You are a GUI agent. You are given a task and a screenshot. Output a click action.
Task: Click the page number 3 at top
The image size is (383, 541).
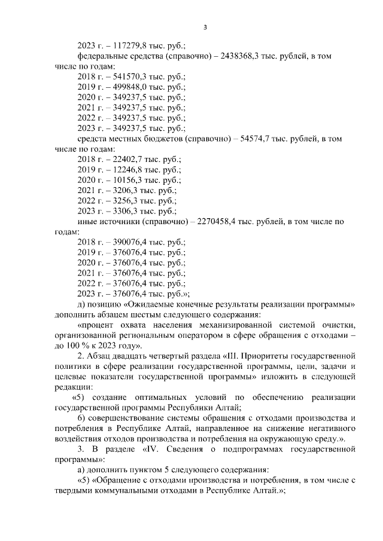click(205, 27)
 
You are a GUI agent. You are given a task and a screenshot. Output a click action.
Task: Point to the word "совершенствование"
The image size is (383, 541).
click(129, 418)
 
